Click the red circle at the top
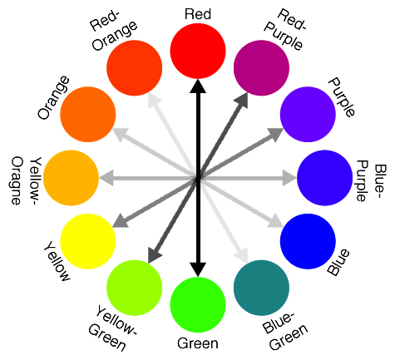(x=198, y=51)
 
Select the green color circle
(x=198, y=305)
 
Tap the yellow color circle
(x=88, y=241)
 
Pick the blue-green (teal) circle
(x=261, y=288)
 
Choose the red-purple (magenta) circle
(x=261, y=68)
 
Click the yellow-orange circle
(x=71, y=178)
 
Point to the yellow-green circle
(x=135, y=288)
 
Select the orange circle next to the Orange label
(x=88, y=115)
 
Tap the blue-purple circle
(x=325, y=178)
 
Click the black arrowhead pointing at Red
(x=198, y=86)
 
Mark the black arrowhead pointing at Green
(x=198, y=269)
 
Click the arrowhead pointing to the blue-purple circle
(x=289, y=178)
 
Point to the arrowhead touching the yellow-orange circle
(x=106, y=178)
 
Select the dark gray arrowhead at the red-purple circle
(x=241, y=101)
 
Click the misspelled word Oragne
(x=16, y=181)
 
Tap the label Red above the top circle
(x=198, y=14)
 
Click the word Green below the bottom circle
(x=198, y=343)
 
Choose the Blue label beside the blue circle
(x=338, y=262)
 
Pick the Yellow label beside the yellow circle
(x=57, y=261)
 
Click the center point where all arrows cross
(x=198, y=178)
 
